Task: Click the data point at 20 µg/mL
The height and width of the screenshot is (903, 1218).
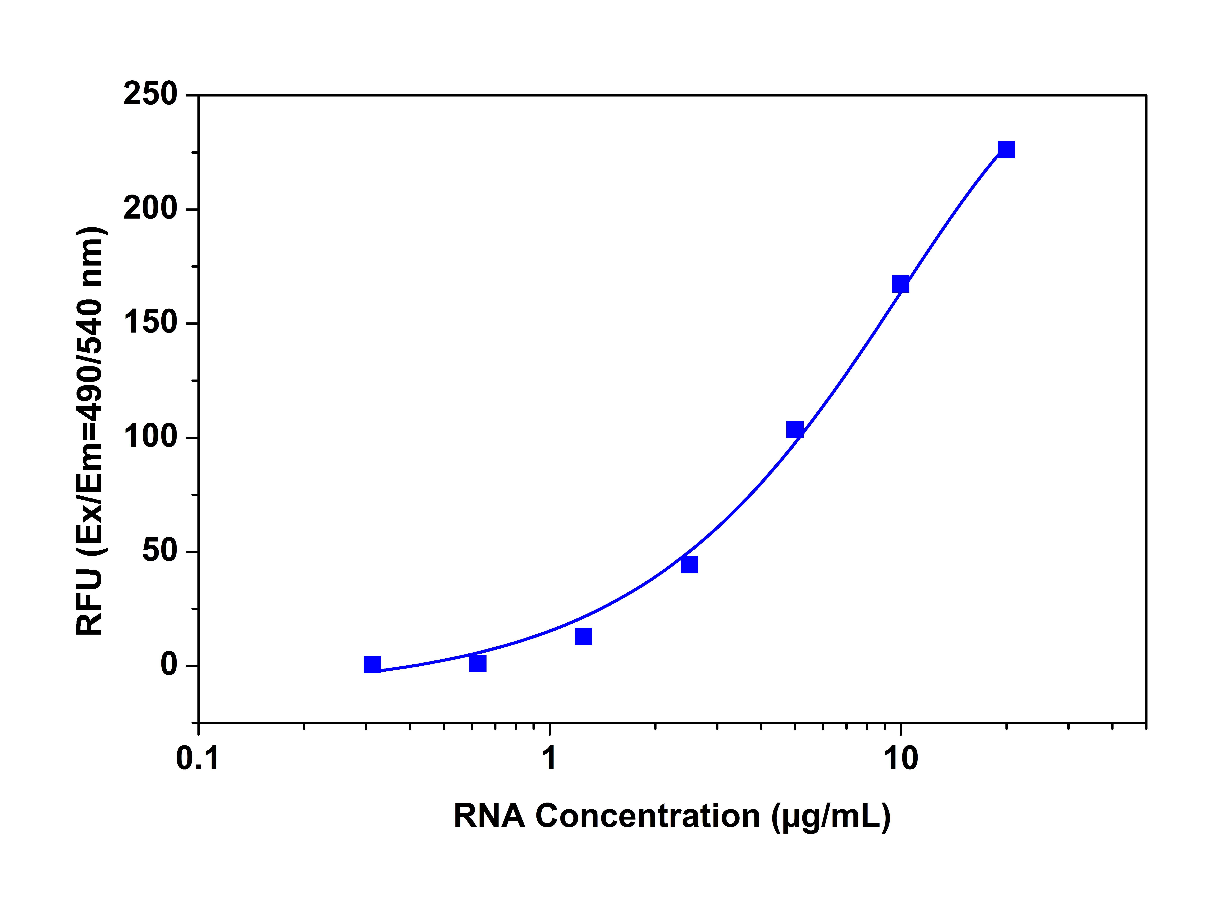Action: pos(1006,150)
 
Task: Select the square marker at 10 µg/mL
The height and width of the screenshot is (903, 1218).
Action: pos(900,284)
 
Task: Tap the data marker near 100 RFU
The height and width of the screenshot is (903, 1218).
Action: pos(795,430)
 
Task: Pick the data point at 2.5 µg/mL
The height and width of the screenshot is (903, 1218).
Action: pos(689,565)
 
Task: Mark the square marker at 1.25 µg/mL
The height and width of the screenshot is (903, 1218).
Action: pos(584,636)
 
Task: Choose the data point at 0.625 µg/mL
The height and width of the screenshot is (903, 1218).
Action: pos(477,663)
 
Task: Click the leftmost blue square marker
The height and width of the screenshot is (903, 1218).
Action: pos(372,665)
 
